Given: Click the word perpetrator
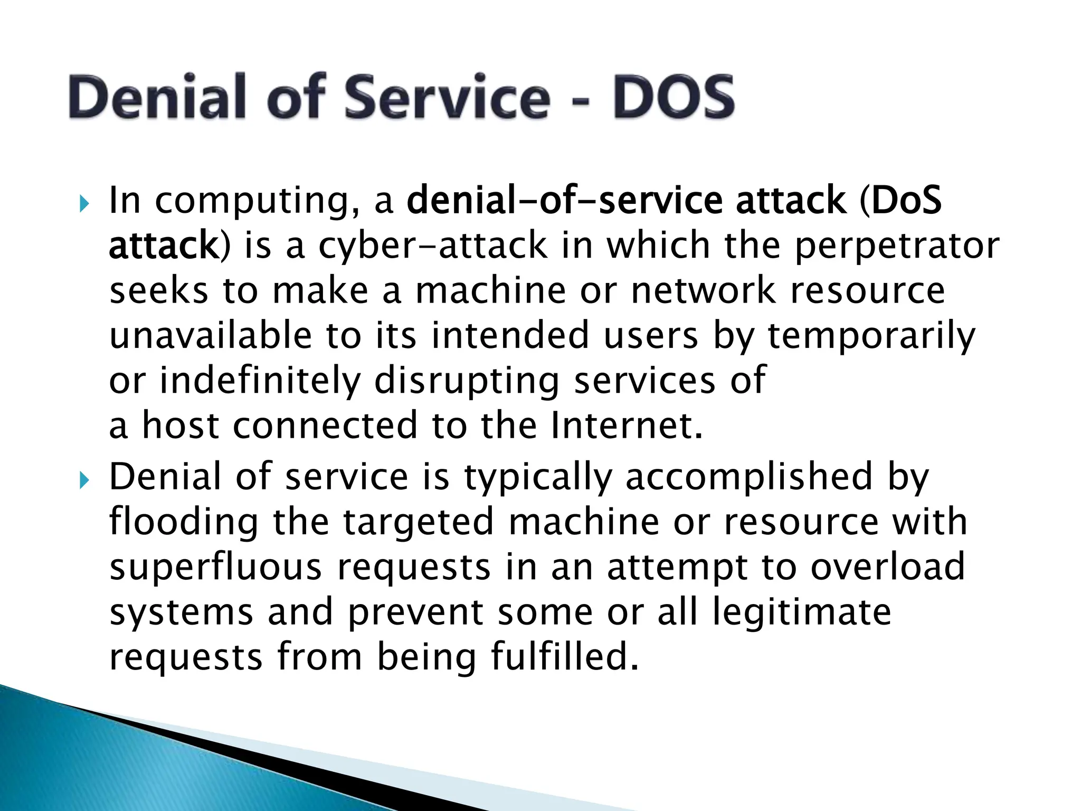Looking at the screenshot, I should [897, 246].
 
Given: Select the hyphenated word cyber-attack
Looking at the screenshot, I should [433, 246].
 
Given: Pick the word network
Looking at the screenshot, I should [704, 291].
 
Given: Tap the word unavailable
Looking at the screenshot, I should [211, 336].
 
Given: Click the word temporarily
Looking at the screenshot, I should [871, 337].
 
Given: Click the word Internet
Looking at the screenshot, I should [627, 426].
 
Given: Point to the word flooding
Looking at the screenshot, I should [184, 523].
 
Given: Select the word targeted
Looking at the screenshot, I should [420, 523].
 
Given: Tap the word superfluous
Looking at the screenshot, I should [215, 568].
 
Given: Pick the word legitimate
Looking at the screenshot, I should [802, 612].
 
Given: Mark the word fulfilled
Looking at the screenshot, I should [564, 657].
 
